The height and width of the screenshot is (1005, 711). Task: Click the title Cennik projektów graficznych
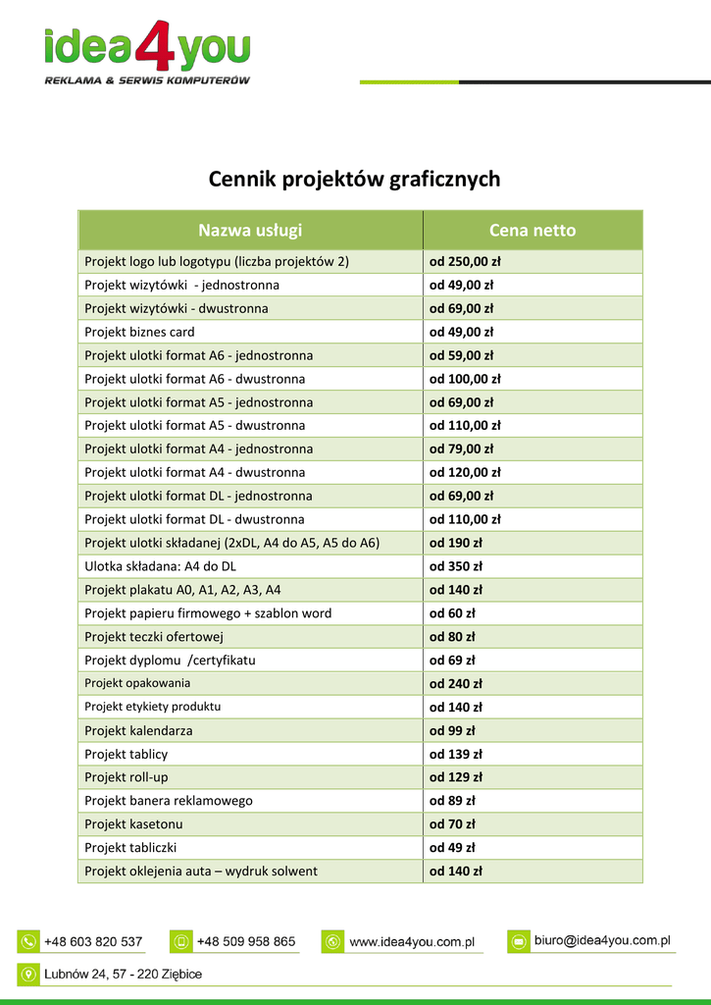[x=354, y=180]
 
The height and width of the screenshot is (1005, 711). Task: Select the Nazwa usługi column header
[x=250, y=231]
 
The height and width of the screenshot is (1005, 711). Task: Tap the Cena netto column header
[x=533, y=231]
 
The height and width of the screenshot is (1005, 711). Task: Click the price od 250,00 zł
[x=465, y=262]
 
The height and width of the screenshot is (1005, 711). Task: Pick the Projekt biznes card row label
[x=139, y=332]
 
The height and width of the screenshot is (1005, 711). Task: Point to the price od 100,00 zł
[x=465, y=379]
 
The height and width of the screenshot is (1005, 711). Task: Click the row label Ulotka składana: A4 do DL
[x=160, y=566]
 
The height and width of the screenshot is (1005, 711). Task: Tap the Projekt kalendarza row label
[x=138, y=731]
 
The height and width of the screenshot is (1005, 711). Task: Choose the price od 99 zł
[x=452, y=731]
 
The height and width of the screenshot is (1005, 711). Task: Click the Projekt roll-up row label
[x=127, y=777]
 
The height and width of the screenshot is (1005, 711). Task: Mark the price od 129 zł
[x=456, y=777]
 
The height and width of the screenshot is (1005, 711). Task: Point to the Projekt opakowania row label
[x=137, y=683]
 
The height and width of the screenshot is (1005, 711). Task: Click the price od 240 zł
[x=456, y=684]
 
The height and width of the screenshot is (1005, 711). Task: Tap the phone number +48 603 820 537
[x=93, y=941]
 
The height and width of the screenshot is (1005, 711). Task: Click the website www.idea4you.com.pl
[x=412, y=942]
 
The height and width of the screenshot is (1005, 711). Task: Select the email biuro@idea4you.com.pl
[x=602, y=940]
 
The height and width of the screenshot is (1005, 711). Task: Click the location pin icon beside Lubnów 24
[x=27, y=974]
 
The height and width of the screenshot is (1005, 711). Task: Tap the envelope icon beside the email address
[x=518, y=941]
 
